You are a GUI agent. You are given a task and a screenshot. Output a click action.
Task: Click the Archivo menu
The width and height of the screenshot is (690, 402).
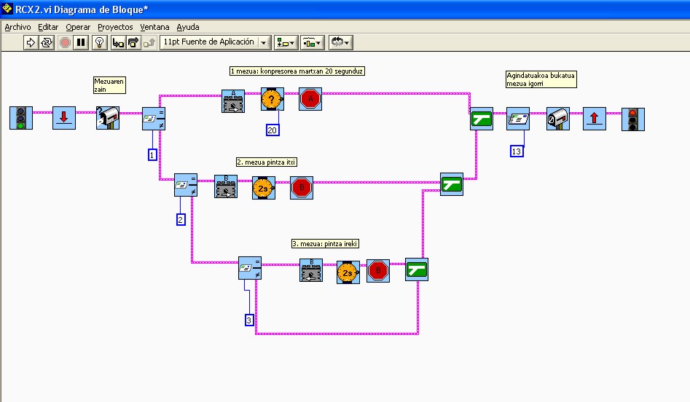(17, 27)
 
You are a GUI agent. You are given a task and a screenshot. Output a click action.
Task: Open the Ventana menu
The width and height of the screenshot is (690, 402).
(154, 27)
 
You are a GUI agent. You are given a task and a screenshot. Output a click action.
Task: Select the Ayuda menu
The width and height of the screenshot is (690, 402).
(188, 27)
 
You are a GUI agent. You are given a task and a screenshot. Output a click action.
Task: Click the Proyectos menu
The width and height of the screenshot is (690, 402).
(115, 27)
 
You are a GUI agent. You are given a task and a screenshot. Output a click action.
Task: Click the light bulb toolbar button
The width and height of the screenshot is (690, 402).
(100, 42)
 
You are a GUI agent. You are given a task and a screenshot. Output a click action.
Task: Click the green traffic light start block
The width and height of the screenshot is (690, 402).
(21, 118)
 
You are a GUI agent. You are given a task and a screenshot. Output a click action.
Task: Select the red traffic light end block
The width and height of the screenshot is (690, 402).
(632, 119)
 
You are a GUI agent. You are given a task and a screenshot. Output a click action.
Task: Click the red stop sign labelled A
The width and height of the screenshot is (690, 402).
(310, 100)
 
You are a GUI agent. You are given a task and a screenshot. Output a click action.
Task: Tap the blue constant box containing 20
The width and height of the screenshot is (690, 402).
(273, 130)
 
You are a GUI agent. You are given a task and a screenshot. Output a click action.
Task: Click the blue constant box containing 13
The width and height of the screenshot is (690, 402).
(517, 151)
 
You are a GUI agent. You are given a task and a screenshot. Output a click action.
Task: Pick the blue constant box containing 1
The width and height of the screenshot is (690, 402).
(152, 154)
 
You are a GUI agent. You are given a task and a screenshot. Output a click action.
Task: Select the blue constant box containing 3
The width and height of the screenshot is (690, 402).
(249, 320)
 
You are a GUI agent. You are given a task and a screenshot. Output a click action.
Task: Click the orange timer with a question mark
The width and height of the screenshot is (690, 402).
(272, 100)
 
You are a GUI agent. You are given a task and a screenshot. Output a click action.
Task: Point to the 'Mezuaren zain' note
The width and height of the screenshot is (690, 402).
(109, 85)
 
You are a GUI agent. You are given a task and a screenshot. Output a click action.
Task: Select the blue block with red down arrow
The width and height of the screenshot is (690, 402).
(64, 118)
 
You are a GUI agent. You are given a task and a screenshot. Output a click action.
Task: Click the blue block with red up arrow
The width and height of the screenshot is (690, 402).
(595, 119)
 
